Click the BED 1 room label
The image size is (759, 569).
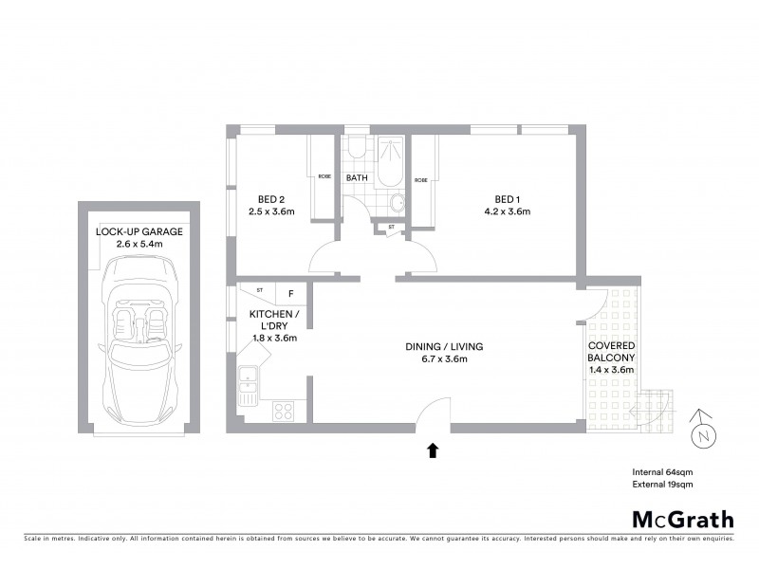506,198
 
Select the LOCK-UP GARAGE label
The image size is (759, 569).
139,231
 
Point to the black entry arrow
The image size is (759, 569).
433,450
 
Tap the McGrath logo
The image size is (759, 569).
683,519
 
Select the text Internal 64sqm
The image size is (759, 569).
663,471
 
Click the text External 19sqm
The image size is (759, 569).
664,485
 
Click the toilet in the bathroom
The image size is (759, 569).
357,150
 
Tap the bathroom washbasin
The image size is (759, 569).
398,201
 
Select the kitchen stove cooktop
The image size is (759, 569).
284,411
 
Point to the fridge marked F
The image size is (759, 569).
290,293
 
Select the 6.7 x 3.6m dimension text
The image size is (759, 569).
444,358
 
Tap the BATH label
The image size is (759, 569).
357,178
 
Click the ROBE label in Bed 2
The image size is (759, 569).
324,174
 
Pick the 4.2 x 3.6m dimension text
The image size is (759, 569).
506,211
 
